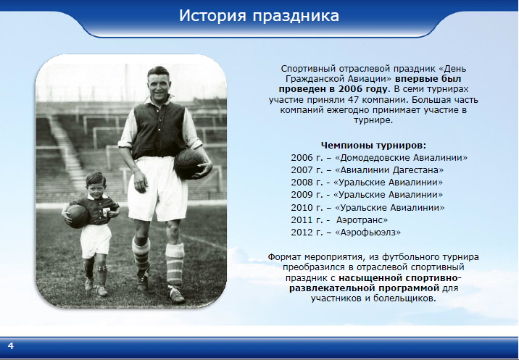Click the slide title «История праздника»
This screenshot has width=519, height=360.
(259, 16)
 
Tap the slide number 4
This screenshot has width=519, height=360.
(11, 346)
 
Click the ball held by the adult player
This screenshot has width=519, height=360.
(189, 164)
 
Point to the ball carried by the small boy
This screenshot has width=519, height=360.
(77, 217)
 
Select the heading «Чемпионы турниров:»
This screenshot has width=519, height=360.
(374, 146)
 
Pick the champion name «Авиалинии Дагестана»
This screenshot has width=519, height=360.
(391, 170)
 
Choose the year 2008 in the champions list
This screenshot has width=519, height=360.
(302, 183)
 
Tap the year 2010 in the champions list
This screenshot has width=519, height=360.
(302, 208)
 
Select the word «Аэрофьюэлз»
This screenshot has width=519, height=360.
(368, 233)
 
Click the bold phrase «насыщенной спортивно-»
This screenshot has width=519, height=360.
(400, 277)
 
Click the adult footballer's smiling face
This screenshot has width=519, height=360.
(159, 85)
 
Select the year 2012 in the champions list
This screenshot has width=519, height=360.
(302, 233)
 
